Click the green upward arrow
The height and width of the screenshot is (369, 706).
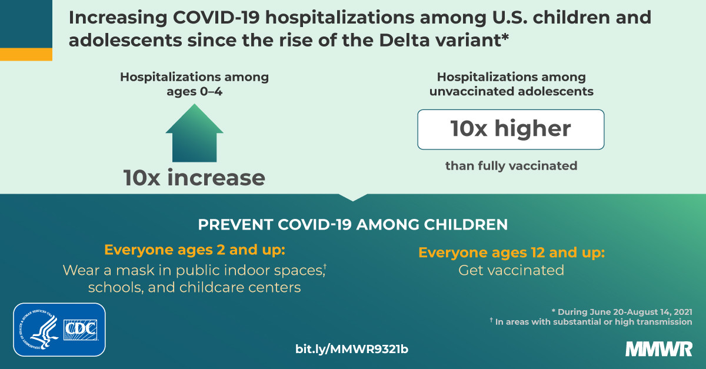(x=195, y=134)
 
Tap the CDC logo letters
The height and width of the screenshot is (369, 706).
(x=81, y=330)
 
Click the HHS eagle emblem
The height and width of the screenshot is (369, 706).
(x=39, y=330)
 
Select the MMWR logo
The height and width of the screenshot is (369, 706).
(x=659, y=349)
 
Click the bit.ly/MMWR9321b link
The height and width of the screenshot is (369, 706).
(x=352, y=349)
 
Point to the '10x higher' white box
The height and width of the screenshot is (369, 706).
(x=511, y=129)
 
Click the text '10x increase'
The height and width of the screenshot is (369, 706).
(x=194, y=178)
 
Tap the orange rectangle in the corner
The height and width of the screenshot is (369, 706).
(x=26, y=54)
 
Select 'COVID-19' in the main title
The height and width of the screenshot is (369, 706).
(x=216, y=17)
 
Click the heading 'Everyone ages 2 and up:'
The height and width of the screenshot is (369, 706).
(x=195, y=250)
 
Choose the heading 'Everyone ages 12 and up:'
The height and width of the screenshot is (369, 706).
(x=511, y=252)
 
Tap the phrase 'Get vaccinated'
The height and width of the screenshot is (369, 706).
(x=511, y=270)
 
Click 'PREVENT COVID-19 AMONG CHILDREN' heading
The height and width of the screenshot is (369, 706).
(x=353, y=225)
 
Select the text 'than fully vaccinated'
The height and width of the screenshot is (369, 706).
(x=511, y=166)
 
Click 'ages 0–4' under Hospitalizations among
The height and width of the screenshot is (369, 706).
(x=195, y=91)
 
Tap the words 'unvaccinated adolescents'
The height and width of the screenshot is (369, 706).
(x=511, y=91)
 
